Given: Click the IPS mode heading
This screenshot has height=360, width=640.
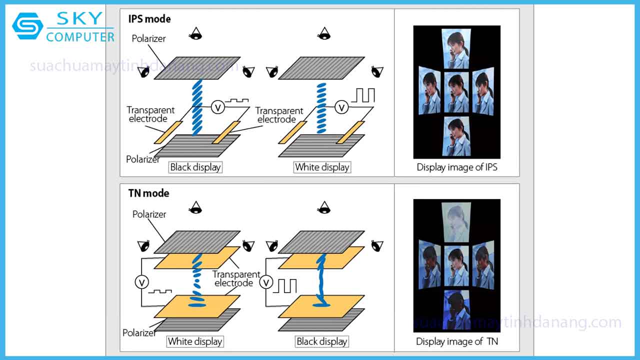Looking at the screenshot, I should pos(149,19).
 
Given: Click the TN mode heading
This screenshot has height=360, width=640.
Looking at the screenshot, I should pos(149,193).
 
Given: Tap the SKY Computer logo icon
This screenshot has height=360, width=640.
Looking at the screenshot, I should pos(28,26).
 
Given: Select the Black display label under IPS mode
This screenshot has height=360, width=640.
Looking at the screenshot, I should pos(195,167).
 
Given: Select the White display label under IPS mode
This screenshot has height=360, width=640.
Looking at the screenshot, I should pos(322,167).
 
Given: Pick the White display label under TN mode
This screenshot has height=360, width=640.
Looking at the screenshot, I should pos(195,341).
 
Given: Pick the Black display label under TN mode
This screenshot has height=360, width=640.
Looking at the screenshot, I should pos(321,341).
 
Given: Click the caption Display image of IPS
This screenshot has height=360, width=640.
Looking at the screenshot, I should pos(457,167).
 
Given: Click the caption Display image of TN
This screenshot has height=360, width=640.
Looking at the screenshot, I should pos(457,341).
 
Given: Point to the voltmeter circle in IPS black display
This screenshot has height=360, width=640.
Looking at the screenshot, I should pos(217,106).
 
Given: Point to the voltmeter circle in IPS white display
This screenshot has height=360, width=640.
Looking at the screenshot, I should pos(341,107).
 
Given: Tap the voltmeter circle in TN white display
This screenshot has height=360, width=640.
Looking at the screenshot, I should pos(141,282).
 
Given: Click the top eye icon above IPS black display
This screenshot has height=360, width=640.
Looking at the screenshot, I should pos(196,34).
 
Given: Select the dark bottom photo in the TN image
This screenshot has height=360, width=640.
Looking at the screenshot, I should pos(456,308).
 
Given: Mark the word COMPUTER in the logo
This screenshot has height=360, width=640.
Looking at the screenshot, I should pos(80,37).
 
